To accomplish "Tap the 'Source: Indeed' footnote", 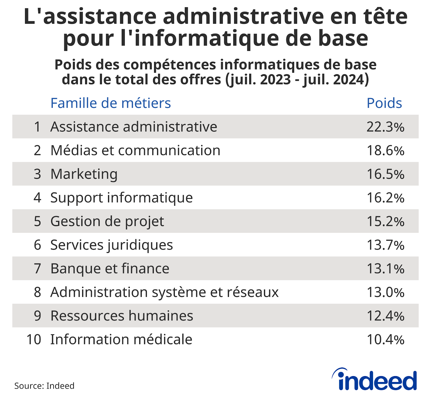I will coord(44,386).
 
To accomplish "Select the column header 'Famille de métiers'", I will coord(110,103).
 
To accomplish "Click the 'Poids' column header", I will coord(384,103).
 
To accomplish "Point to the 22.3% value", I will coord(385,127).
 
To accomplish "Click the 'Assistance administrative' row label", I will coord(134,127).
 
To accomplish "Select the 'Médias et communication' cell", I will coord(135,150).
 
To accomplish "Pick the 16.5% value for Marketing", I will coord(385,174).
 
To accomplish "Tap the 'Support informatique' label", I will coord(121,198).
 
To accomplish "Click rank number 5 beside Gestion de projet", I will coord(37,222).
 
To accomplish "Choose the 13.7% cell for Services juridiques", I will coord(385,245).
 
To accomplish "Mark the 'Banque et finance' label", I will coord(110,269).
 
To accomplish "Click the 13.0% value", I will coord(385,292).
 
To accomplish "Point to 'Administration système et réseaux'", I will coord(164,292).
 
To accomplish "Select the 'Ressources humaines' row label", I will coord(122,316).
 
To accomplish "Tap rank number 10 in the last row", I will coord(34,340).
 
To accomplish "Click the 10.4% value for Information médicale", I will coord(385,340).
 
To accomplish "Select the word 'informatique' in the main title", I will coord(206,38).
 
